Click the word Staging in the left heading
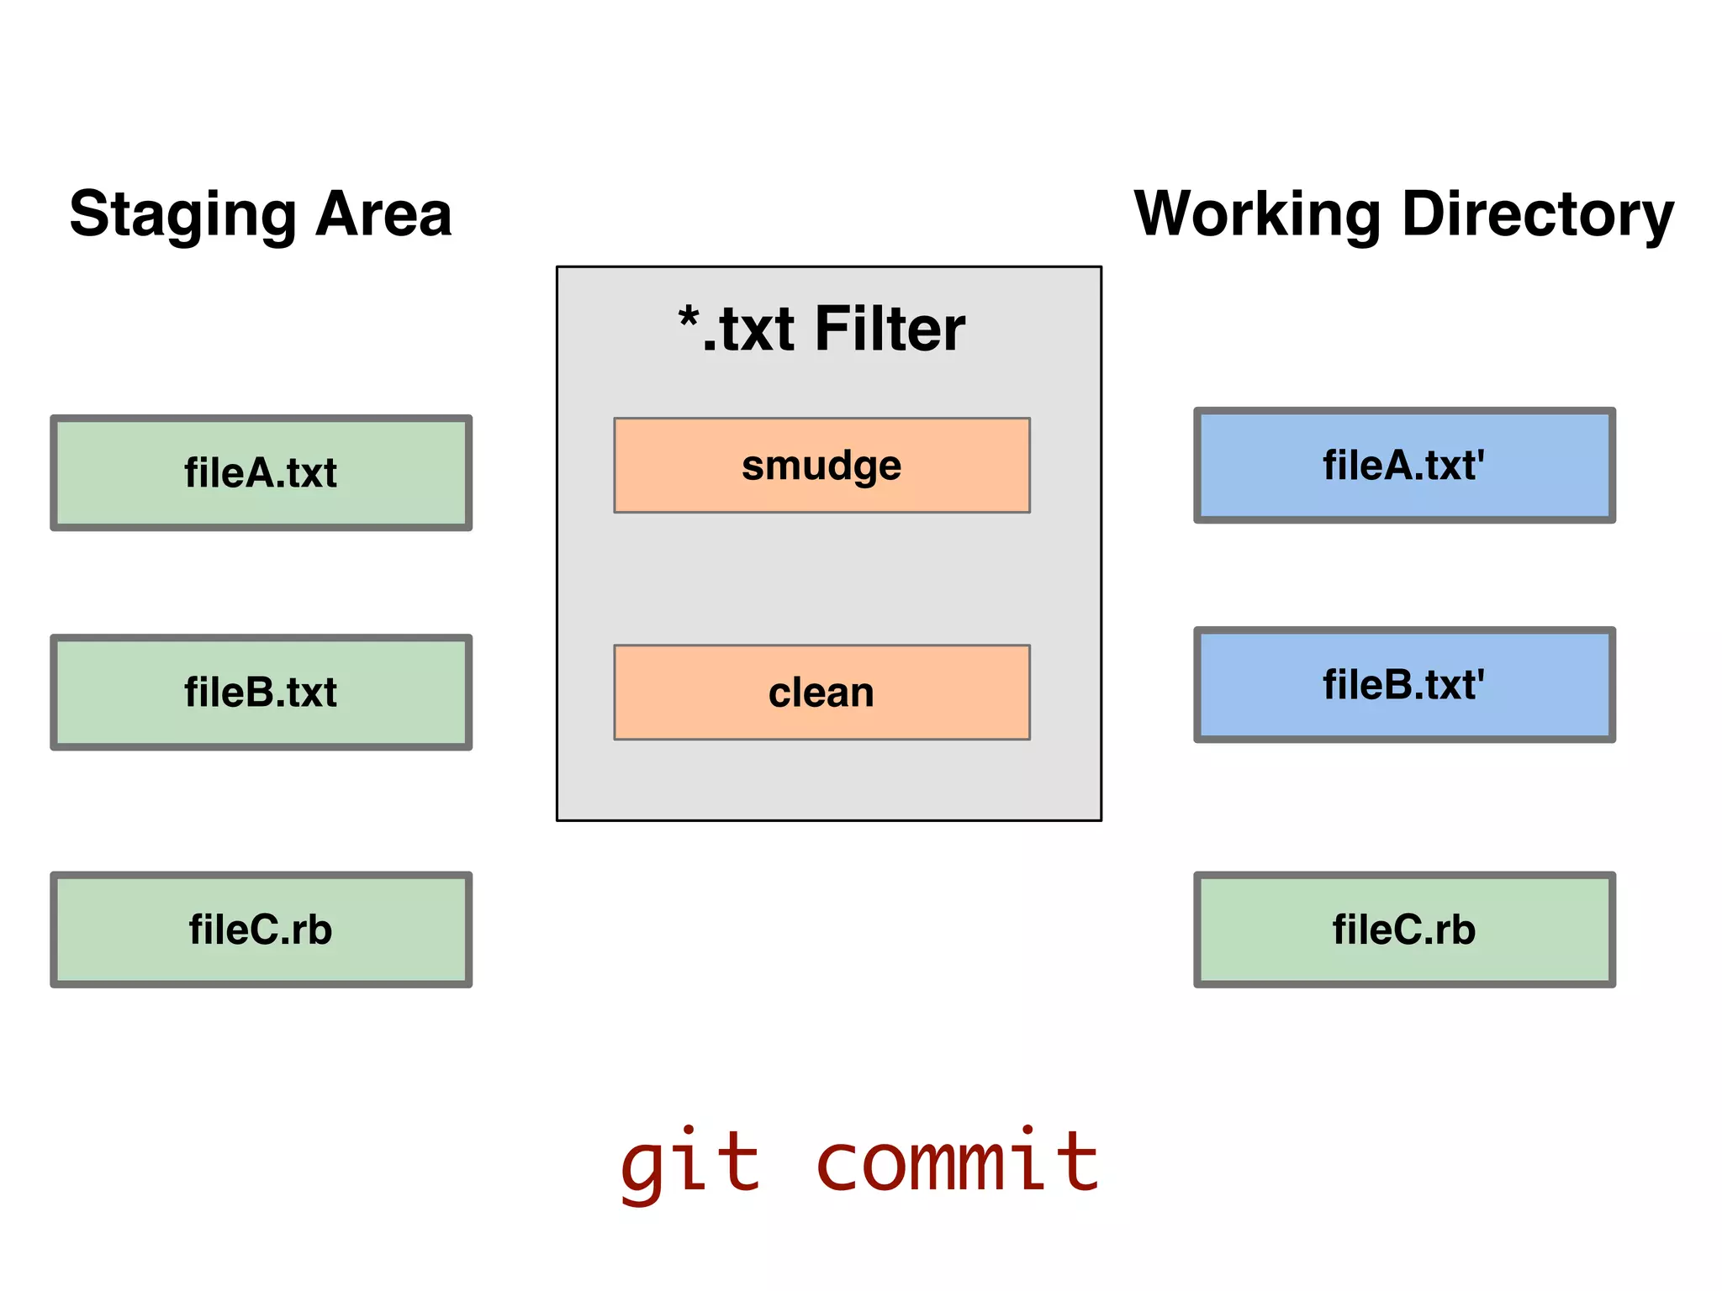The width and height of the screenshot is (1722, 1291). [x=182, y=214]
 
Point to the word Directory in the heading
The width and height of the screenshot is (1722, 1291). [x=1538, y=214]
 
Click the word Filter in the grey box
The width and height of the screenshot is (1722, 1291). [x=890, y=329]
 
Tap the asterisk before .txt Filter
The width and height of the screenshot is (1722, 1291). [x=689, y=319]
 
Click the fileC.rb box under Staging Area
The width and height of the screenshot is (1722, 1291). [x=261, y=930]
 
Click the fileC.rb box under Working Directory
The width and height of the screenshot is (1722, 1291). [x=1404, y=930]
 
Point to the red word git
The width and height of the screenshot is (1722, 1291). [x=689, y=1164]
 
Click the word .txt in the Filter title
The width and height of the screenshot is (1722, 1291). [x=748, y=330]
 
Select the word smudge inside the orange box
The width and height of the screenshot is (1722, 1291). [x=821, y=466]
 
